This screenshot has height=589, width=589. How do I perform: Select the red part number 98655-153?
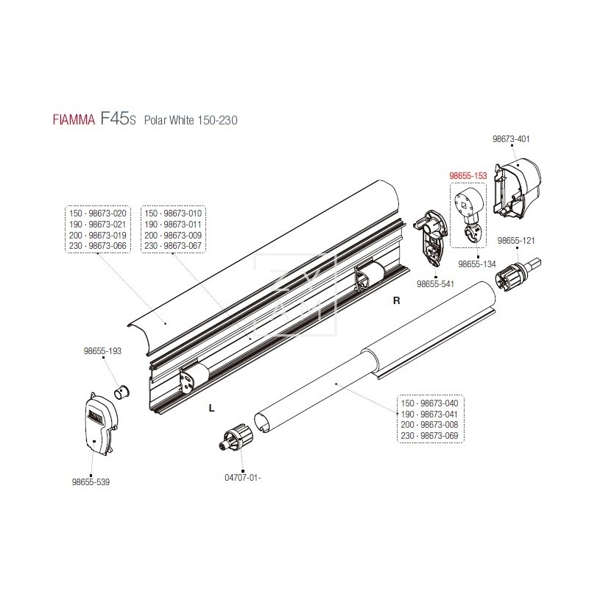point(469,177)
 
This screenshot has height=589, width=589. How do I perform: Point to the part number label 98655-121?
point(518,241)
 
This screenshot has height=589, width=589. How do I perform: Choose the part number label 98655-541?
point(436,283)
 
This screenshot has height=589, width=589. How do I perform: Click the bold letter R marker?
point(397,300)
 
